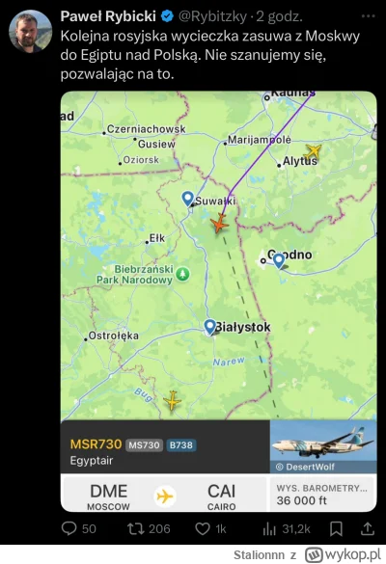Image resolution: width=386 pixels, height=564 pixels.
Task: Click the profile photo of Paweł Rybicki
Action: coord(30,31)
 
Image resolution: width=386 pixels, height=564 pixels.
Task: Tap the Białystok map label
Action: coord(243,328)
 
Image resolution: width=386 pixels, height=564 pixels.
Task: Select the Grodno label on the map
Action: coord(289,255)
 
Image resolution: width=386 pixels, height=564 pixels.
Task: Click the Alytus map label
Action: coord(299,163)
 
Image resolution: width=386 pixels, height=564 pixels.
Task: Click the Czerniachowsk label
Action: coord(146,129)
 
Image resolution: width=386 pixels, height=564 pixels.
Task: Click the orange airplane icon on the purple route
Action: coord(219,224)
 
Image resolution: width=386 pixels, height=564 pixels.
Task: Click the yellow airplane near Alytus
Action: coord(313,151)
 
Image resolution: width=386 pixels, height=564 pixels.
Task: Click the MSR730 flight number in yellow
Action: coord(96,444)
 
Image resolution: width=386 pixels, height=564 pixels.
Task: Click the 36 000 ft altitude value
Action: coord(306,500)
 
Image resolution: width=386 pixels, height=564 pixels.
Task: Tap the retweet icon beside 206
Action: coord(135,528)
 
